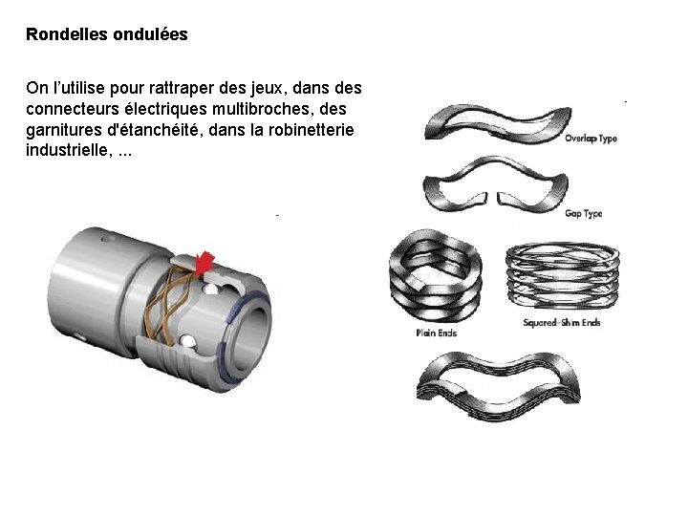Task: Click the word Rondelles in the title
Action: coord(67,33)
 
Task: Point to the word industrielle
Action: coord(67,150)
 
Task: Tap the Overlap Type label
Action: coord(591,139)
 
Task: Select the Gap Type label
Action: coord(584,214)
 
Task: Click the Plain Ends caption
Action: coord(436,333)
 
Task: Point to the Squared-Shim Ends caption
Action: coord(562,323)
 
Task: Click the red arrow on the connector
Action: coord(204,263)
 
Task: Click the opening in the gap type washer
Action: coord(492,198)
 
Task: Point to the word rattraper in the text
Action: coord(182,88)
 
